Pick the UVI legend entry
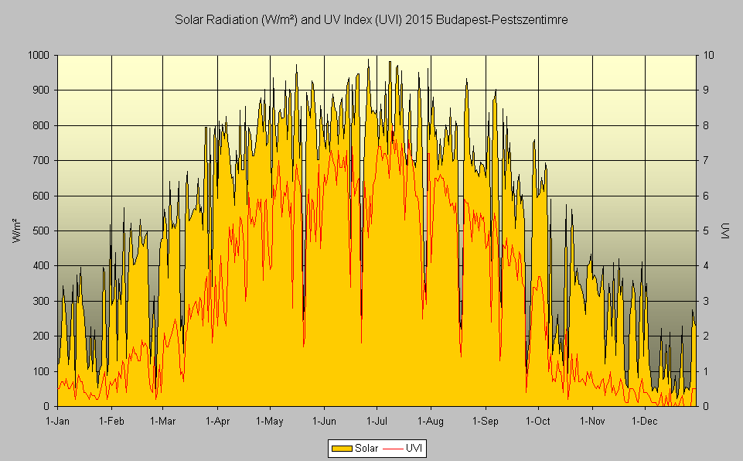click(x=407, y=448)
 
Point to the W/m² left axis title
click(x=17, y=230)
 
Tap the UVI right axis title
click(x=725, y=230)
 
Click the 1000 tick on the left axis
click(x=39, y=55)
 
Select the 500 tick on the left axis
click(x=41, y=230)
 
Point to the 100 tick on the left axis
click(x=41, y=371)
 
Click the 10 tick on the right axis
click(x=708, y=55)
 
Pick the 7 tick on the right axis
click(x=706, y=160)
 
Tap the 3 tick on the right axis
click(x=706, y=301)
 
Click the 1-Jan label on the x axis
click(x=58, y=422)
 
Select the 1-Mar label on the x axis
click(x=163, y=422)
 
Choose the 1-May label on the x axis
click(x=269, y=422)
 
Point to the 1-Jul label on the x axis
click(x=376, y=422)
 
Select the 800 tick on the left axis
click(x=41, y=125)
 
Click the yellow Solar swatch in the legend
click(x=341, y=448)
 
